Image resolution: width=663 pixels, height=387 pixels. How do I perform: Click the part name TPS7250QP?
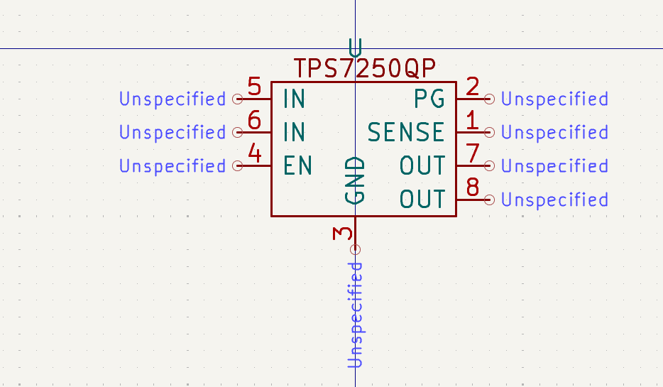[364, 69]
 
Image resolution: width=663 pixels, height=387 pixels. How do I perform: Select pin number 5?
[254, 87]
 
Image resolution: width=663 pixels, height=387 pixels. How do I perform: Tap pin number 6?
[254, 121]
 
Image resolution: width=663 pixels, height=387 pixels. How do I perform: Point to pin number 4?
[254, 154]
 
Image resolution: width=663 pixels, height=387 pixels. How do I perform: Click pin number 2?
[473, 87]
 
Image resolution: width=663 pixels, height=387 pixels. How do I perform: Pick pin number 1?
[473, 121]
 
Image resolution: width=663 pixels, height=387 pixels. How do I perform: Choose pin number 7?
[473, 154]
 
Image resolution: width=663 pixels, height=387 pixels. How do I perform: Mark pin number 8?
[473, 187]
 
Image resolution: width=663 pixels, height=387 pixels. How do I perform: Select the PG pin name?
[429, 99]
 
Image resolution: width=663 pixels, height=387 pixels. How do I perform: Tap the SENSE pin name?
[406, 132]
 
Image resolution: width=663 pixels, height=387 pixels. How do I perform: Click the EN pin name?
[297, 165]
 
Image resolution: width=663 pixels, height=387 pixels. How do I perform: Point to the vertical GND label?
[355, 180]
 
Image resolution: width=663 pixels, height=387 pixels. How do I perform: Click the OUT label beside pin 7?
[422, 165]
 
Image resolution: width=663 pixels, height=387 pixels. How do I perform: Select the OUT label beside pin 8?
[422, 199]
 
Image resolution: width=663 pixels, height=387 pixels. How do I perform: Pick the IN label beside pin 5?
[293, 99]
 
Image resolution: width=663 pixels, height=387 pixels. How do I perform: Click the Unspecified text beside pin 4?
[172, 165]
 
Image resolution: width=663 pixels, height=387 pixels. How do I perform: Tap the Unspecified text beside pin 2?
[554, 99]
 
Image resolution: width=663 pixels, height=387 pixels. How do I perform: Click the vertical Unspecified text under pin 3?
[356, 315]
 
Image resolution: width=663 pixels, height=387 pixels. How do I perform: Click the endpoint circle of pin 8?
[489, 200]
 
